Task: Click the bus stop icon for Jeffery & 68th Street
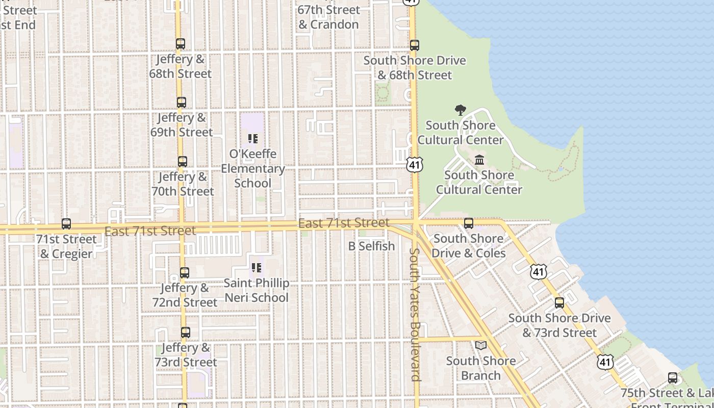tap(181, 44)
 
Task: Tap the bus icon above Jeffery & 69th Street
tap(182, 103)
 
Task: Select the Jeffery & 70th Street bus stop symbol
tap(183, 162)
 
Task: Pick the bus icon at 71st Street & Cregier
tap(66, 224)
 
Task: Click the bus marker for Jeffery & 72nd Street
tap(185, 273)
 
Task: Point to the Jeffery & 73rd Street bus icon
tap(186, 333)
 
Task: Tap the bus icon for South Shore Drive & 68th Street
tap(415, 45)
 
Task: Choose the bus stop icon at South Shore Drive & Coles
tap(469, 223)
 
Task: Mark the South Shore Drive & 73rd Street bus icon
tap(559, 303)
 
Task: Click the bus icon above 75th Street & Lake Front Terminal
tap(673, 378)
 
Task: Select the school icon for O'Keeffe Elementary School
tap(252, 139)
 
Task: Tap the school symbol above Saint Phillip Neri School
tap(257, 268)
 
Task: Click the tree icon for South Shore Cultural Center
tap(461, 110)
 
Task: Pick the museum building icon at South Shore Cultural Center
tap(479, 160)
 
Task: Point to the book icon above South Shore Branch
tap(481, 346)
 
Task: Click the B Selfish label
tap(371, 246)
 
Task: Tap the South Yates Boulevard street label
tap(416, 314)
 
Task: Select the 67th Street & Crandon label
tap(328, 17)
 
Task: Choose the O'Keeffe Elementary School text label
tap(253, 168)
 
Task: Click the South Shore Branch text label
tap(481, 368)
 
